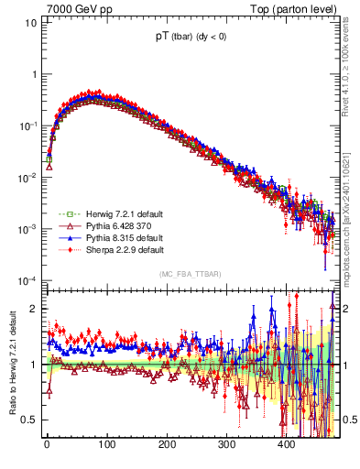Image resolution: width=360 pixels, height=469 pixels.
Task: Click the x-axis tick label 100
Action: [106, 445]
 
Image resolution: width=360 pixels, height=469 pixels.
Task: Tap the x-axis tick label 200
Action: [167, 445]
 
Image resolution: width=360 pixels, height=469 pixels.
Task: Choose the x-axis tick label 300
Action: [226, 445]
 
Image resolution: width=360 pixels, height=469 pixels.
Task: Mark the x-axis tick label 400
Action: [286, 445]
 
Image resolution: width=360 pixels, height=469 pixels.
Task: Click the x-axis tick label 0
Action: [47, 445]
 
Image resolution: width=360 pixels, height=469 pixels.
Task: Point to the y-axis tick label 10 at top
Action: [30, 22]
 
